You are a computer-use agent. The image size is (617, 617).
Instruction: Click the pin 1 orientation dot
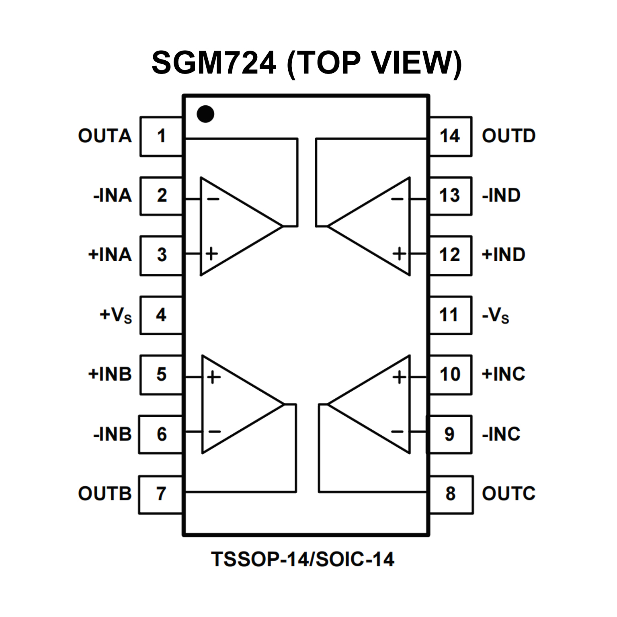[x=205, y=114]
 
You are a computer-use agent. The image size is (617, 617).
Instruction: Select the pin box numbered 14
[x=450, y=136]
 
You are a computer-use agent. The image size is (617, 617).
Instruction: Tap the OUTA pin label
[x=105, y=136]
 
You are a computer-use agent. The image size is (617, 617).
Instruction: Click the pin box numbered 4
[x=161, y=315]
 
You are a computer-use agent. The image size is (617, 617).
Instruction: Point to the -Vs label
[x=496, y=316]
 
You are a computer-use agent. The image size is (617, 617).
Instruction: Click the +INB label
[x=110, y=374]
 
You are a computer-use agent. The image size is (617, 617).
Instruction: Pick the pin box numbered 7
[x=161, y=494]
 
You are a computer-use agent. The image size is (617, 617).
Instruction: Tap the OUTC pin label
[x=508, y=494]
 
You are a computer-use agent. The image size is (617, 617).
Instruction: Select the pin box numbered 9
[x=449, y=434]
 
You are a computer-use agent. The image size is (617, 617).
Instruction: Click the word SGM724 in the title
[x=214, y=63]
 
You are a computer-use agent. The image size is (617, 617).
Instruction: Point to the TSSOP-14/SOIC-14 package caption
[x=303, y=559]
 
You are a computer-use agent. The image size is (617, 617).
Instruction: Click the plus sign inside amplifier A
[x=211, y=254]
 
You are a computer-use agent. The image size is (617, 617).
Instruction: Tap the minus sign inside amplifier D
[x=397, y=199]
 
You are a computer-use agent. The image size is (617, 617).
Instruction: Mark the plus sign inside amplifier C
[x=399, y=377]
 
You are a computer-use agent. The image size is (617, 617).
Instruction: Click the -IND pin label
[x=501, y=195]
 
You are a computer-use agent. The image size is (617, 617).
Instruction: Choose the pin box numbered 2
[x=162, y=196]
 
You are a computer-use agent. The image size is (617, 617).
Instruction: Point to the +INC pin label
[x=503, y=374]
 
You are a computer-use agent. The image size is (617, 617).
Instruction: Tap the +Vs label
[x=116, y=316]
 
